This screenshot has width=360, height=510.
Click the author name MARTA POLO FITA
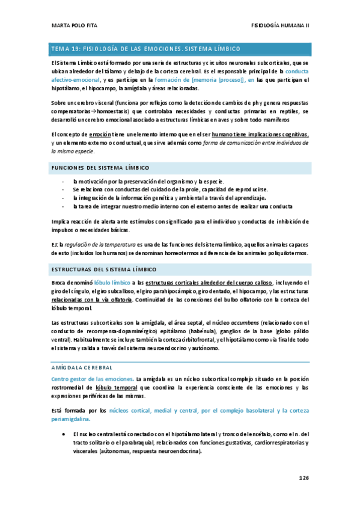pos(73,26)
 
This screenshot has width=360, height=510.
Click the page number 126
pos(303,478)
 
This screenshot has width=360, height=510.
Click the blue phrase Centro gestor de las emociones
pos(92,379)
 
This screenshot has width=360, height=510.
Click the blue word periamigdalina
pos(72,419)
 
